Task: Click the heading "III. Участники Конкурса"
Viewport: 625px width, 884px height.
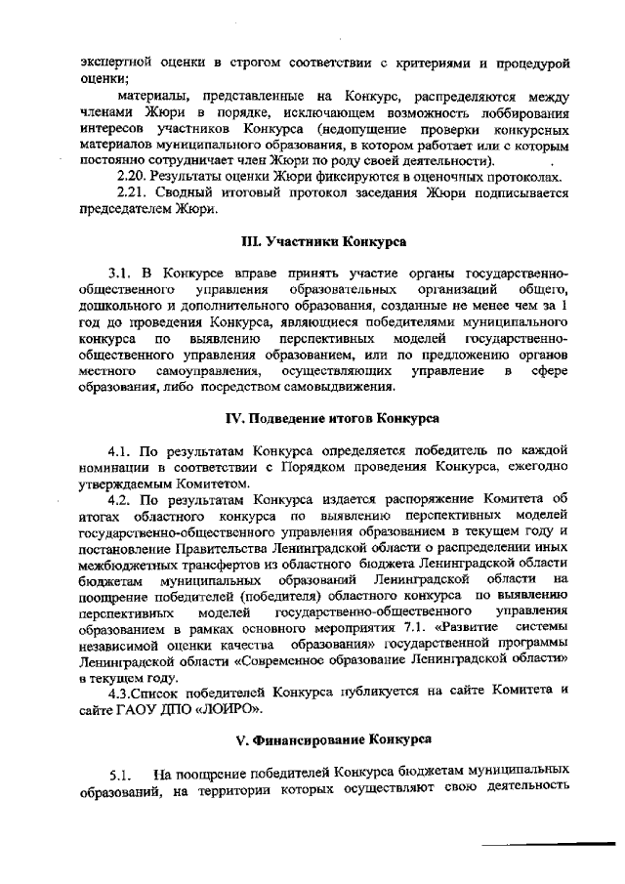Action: pos(324,239)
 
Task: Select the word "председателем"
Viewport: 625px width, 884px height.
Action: pos(125,208)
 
